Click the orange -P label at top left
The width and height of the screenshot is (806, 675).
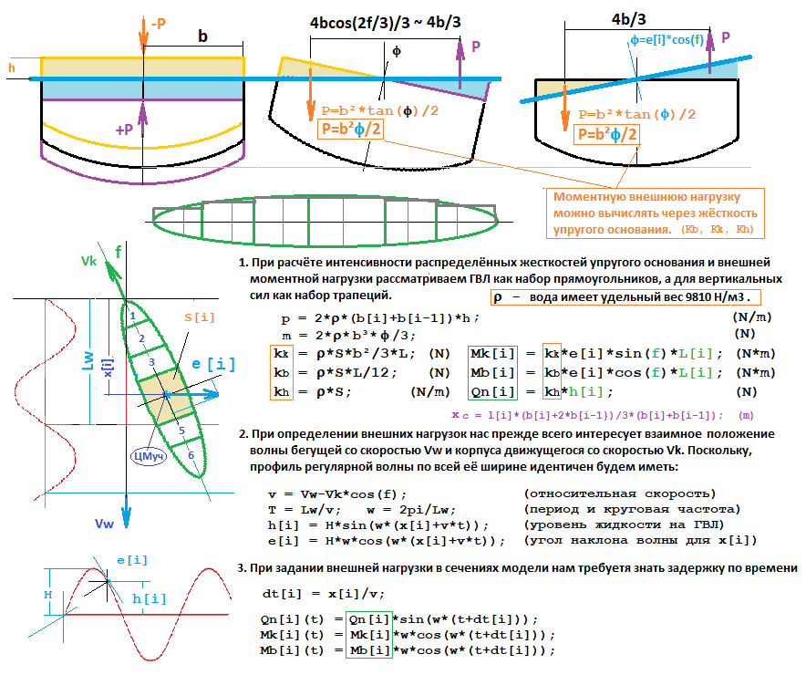point(156,25)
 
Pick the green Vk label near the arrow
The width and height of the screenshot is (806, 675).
point(88,261)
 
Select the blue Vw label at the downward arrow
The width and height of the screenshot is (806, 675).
point(105,523)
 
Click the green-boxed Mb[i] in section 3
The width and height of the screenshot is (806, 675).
point(368,650)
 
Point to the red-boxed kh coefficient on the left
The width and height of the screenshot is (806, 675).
point(283,391)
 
